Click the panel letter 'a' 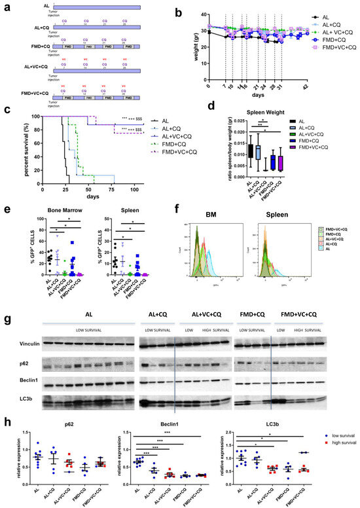5,6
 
